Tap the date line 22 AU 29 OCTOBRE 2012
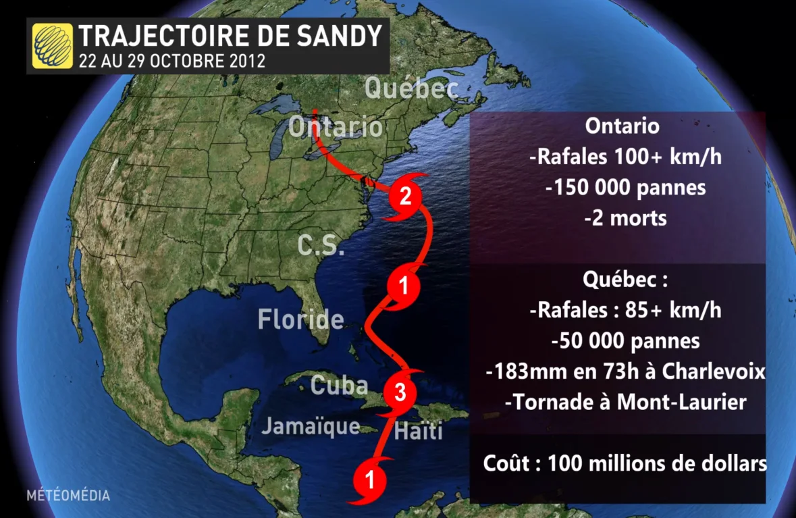tap(171, 61)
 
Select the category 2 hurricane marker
tap(404, 197)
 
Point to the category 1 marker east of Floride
tap(403, 287)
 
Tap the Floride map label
tap(300, 319)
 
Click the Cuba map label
tap(339, 385)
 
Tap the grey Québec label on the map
tap(411, 88)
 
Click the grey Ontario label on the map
tap(335, 128)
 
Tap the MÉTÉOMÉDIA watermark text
tap(68, 496)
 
